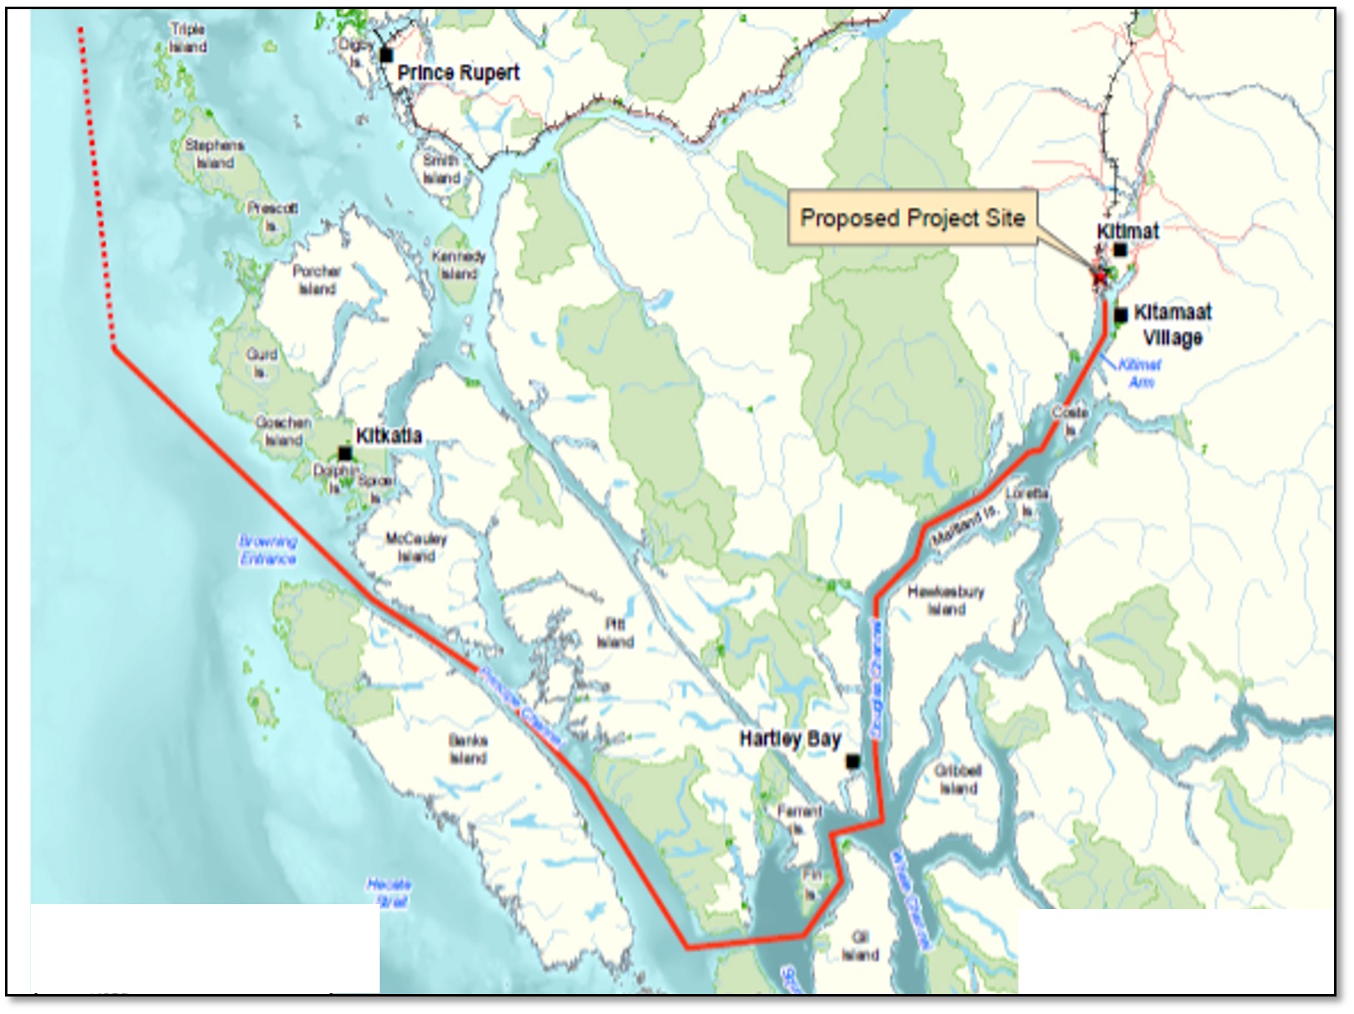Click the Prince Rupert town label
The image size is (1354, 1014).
point(458,73)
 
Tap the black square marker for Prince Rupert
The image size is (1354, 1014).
point(386,55)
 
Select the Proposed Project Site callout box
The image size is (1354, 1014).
point(913,218)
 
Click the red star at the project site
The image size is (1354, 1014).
point(1100,276)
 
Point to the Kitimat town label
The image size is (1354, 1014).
point(1128,231)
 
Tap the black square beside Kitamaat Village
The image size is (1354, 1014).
point(1121,315)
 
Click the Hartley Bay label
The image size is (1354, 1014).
point(789,738)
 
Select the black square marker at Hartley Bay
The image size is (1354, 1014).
point(853,761)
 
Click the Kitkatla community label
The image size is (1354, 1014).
point(388,435)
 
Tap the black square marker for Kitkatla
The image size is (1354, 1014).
point(345,454)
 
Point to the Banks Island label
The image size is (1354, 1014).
point(468,749)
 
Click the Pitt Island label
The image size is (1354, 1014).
point(615,633)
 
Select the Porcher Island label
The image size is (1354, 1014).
point(316,280)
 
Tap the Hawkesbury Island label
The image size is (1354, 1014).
point(946,599)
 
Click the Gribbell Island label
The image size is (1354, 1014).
point(958,779)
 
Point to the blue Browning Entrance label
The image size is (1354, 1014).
point(267,550)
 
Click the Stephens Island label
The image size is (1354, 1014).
point(214,154)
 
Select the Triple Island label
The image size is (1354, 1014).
point(187,38)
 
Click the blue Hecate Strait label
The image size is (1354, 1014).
point(389,892)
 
